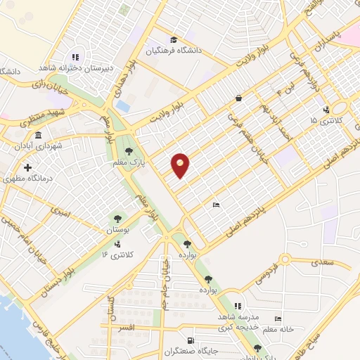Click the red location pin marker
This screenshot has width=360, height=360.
[180, 165]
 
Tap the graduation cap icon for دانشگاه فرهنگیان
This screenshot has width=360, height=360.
[174, 40]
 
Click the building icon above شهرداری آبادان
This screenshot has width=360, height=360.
[37, 135]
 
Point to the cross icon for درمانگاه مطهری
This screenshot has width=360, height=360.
[27, 168]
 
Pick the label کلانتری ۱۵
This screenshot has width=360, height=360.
[323, 121]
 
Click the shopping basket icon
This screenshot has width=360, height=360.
[239, 98]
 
